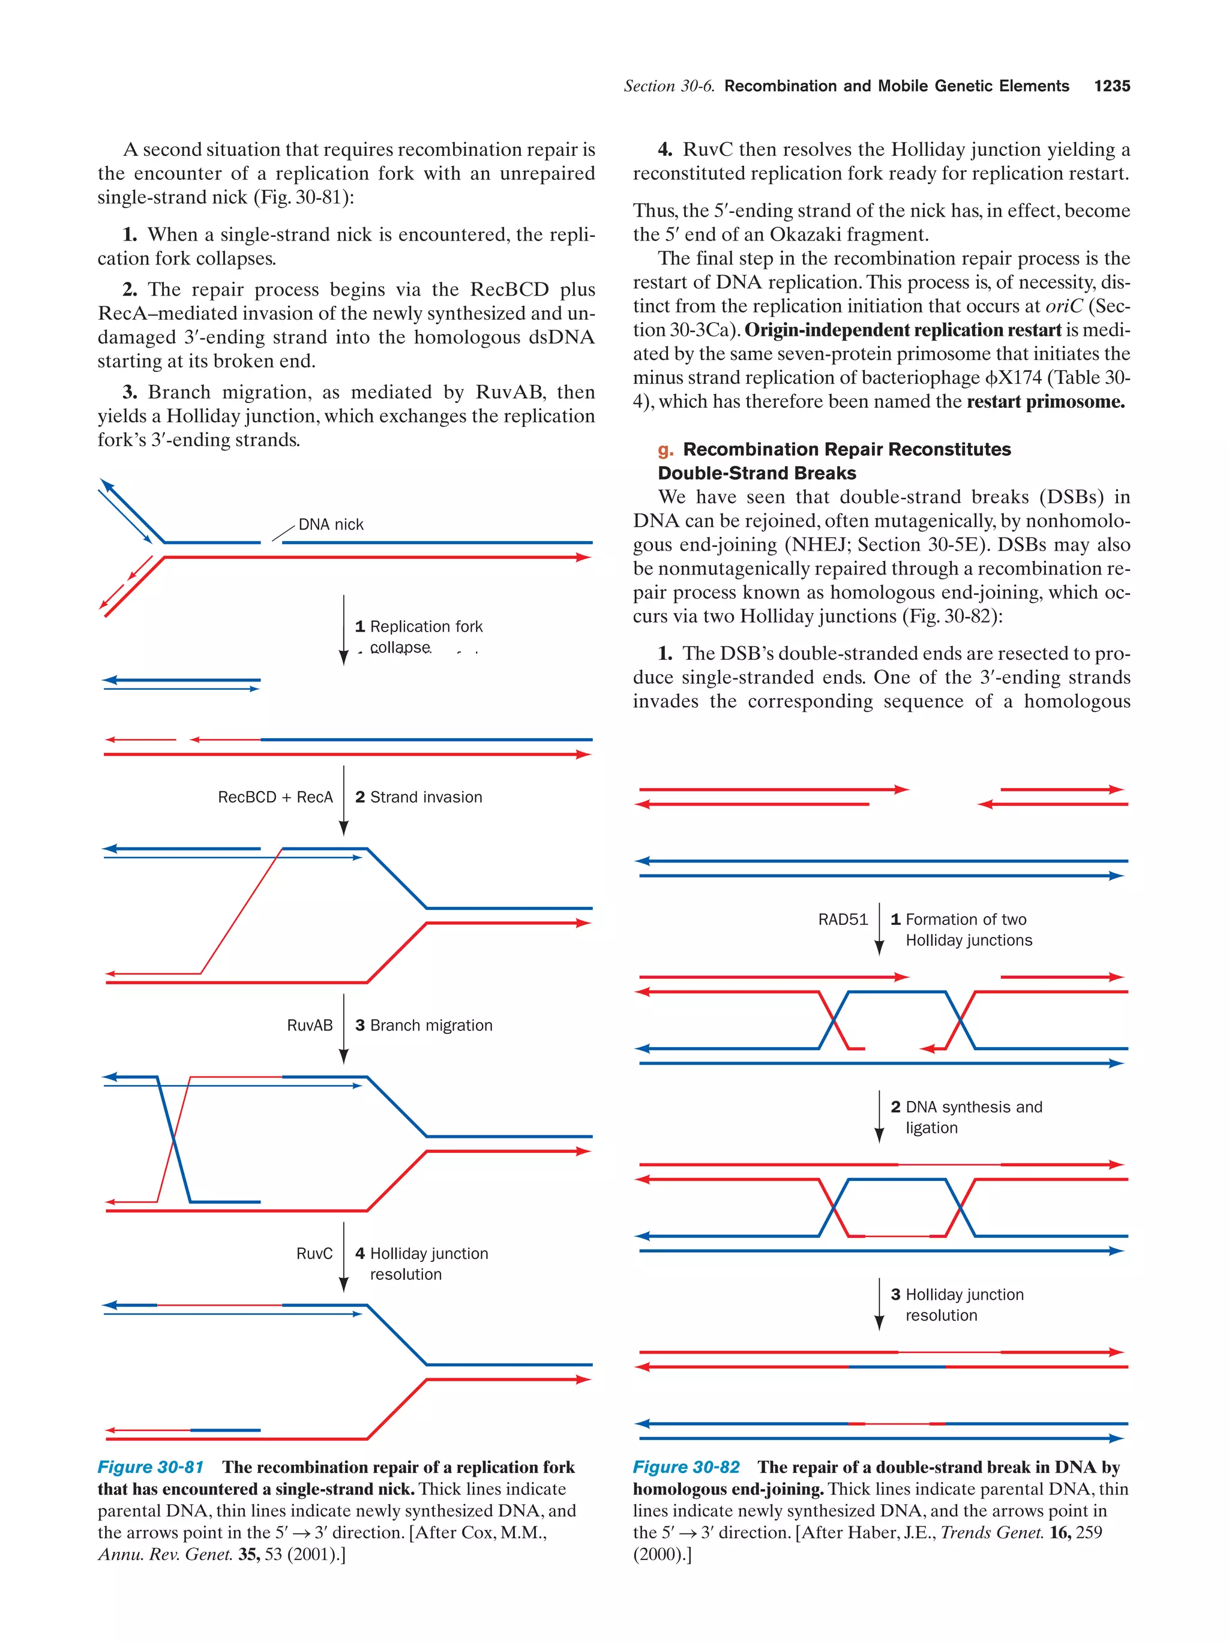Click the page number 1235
coord(1111,86)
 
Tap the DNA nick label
coord(331,524)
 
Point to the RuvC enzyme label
coord(314,1253)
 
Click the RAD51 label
coord(843,919)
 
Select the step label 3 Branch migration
coord(424,1025)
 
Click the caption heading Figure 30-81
coord(150,1466)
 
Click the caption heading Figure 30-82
coord(685,1466)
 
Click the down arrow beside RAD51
coord(879,929)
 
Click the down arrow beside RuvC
coord(343,1257)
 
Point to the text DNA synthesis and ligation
coord(967,1117)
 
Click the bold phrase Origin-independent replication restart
coord(903,330)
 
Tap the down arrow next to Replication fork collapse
coord(343,630)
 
